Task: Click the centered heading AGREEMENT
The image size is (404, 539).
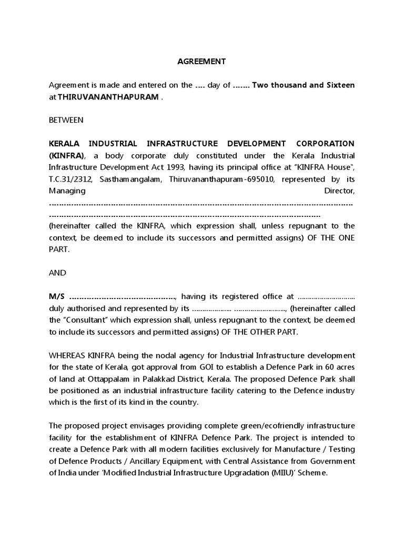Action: click(201, 62)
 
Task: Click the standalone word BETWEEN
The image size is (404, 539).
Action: click(66, 120)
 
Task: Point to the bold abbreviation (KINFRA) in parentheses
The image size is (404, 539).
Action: click(66, 156)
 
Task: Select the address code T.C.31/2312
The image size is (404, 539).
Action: click(69, 179)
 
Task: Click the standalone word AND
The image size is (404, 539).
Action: click(58, 273)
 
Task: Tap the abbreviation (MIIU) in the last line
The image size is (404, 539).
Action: click(268, 473)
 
